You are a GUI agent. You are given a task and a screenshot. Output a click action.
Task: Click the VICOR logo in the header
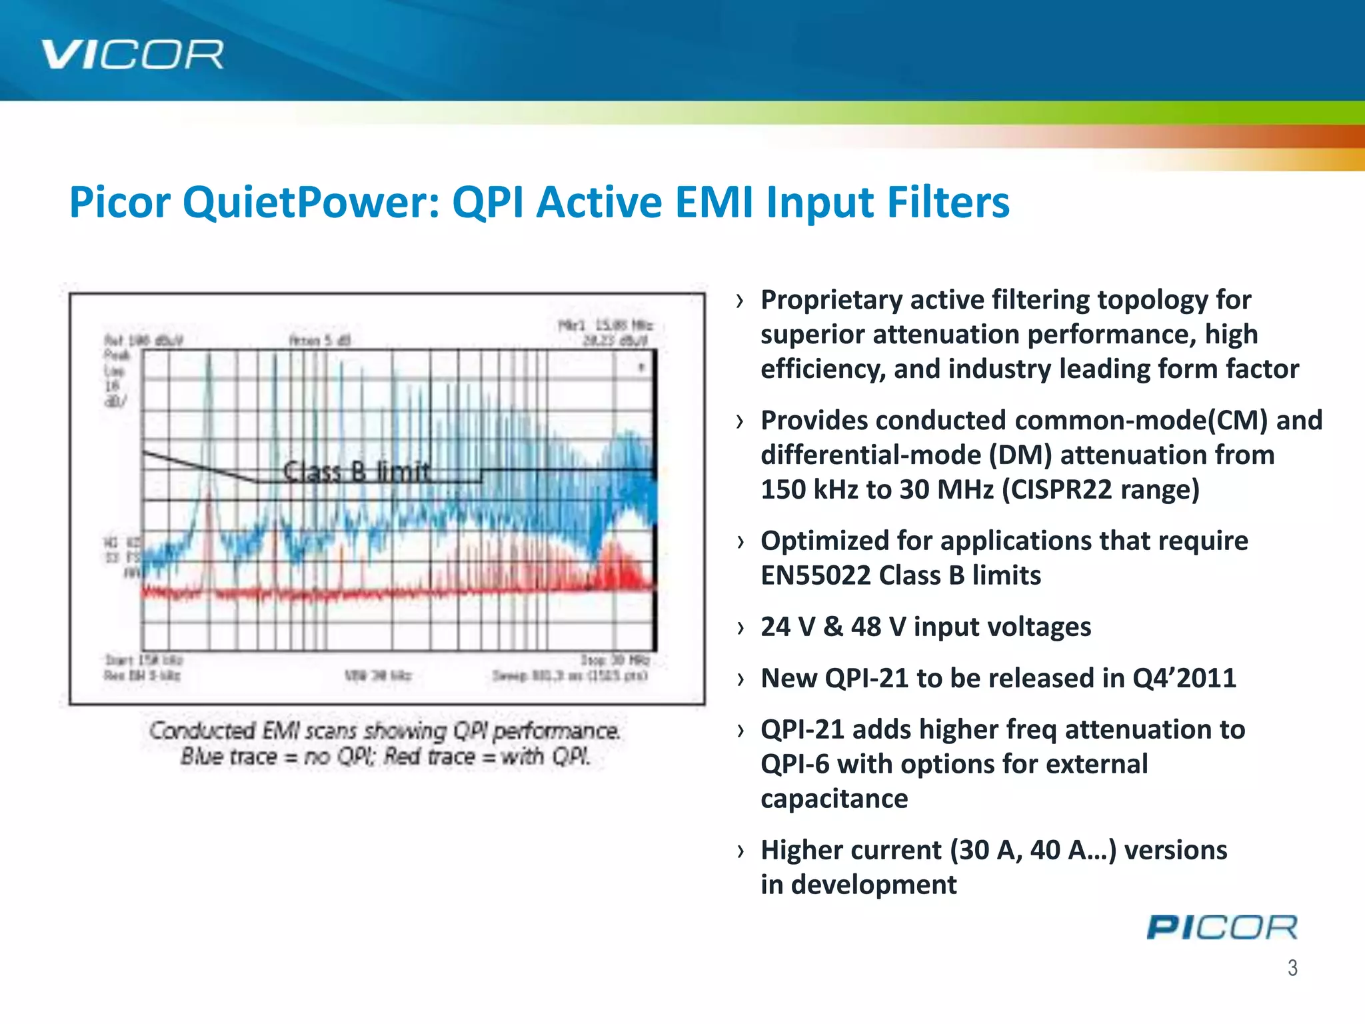(132, 55)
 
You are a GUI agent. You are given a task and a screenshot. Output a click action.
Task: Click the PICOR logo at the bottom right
(1222, 927)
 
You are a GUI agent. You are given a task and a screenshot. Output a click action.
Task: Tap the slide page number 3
(1292, 967)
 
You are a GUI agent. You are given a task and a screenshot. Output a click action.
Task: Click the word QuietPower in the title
(311, 203)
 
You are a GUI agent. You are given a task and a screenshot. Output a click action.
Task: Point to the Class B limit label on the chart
(357, 472)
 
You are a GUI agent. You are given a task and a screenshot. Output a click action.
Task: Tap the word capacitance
(834, 799)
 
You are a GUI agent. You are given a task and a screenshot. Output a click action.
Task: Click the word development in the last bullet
(874, 885)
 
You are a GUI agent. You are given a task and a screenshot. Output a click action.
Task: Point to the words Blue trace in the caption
(229, 757)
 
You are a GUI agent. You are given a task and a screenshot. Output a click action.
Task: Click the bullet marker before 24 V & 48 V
(740, 627)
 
